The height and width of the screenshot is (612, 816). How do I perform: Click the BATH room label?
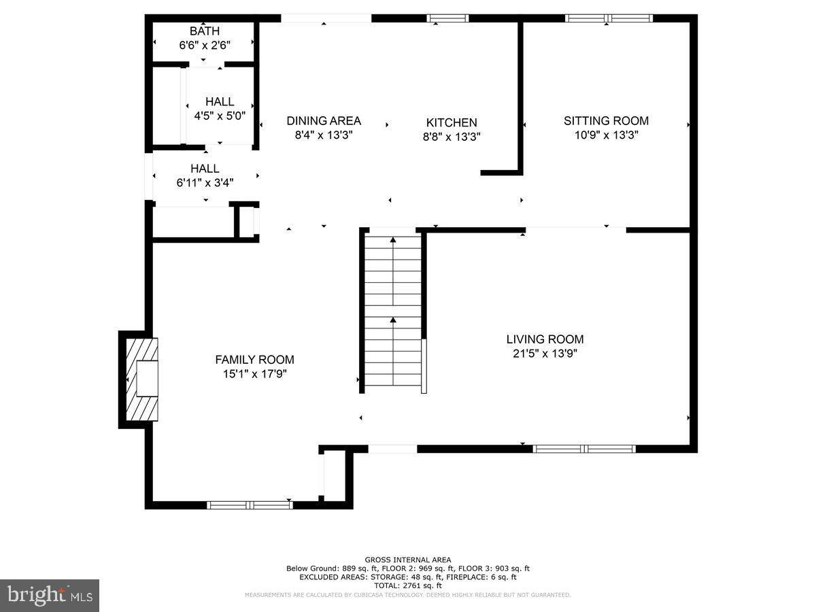pos(204,31)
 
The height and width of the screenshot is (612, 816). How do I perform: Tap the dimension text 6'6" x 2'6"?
pos(204,46)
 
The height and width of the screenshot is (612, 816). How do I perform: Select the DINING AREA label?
pos(324,121)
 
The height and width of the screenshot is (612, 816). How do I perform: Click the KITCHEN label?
pos(452,122)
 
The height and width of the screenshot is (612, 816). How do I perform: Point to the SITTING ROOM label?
pos(606,121)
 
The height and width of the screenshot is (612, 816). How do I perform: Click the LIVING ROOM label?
pos(545,339)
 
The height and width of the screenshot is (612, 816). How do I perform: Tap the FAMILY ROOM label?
pos(254,360)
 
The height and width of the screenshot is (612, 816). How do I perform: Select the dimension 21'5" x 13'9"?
pos(545,354)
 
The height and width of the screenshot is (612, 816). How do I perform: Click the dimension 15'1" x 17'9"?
pos(254,374)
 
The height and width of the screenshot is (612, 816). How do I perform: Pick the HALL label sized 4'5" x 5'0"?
pos(220,102)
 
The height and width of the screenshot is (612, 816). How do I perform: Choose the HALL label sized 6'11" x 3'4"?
pos(205,169)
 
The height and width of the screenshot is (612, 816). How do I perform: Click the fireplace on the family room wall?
pos(141,379)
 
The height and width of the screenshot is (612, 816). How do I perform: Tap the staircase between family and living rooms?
pos(393,309)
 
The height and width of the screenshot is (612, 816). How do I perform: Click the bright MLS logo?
pos(50,595)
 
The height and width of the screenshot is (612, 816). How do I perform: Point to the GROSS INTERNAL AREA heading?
pos(408,560)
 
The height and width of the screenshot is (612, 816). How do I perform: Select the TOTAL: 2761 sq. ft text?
pos(408,585)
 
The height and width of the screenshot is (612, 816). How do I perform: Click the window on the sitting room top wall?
pos(609,18)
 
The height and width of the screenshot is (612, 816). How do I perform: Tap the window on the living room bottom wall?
pos(585,449)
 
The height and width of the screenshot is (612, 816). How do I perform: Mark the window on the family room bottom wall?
pos(250,505)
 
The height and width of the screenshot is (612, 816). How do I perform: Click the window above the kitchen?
pos(447,18)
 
